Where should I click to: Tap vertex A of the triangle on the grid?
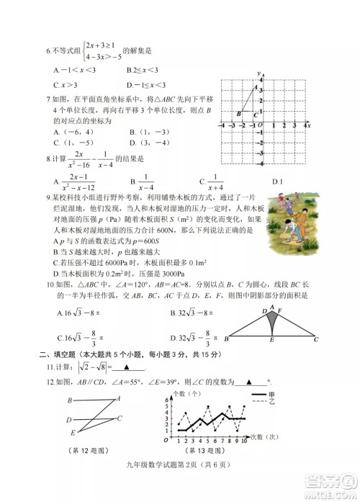point(253,88)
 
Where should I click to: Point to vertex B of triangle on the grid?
point(238,113)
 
